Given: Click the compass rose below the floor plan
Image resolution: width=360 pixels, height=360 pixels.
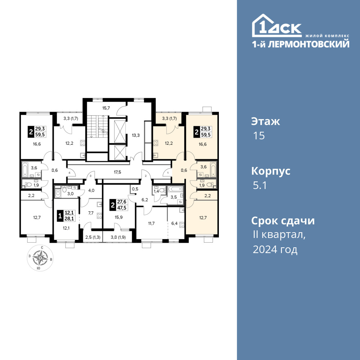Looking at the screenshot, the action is pos(40,258).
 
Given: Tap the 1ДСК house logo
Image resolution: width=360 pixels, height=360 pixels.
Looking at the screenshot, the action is pos(276,26).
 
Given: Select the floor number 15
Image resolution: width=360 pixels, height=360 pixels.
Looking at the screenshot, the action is pos(259,136).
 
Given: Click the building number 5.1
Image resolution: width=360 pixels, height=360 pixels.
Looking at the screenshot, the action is pos(260,185).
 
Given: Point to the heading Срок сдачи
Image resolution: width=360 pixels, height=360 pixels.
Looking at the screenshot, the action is pos(283,221).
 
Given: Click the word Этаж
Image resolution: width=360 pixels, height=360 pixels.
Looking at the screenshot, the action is pos(266,121).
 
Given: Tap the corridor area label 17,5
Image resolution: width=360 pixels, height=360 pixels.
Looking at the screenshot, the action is pos(117,172).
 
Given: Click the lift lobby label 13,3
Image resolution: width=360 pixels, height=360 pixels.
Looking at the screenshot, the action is pos(136,135).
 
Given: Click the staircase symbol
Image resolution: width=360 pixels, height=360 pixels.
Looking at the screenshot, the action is pos(97,126).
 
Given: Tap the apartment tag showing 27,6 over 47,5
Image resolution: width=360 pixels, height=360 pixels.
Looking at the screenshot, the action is pos(119,204).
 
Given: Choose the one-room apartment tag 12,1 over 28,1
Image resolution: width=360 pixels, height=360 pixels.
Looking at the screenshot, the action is pos(67,216).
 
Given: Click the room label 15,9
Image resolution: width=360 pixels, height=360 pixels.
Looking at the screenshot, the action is pos(118,217).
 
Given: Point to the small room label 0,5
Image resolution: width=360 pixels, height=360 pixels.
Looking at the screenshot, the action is pos(135,189).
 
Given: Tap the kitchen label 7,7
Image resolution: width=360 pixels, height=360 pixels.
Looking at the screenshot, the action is pos(91,213).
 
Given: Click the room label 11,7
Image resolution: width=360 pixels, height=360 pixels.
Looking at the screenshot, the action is pos(151,223).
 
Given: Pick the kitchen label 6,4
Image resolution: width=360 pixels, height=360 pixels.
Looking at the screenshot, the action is pos(175,223).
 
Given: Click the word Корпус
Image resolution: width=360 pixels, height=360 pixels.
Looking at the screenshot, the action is pos(271,171).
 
